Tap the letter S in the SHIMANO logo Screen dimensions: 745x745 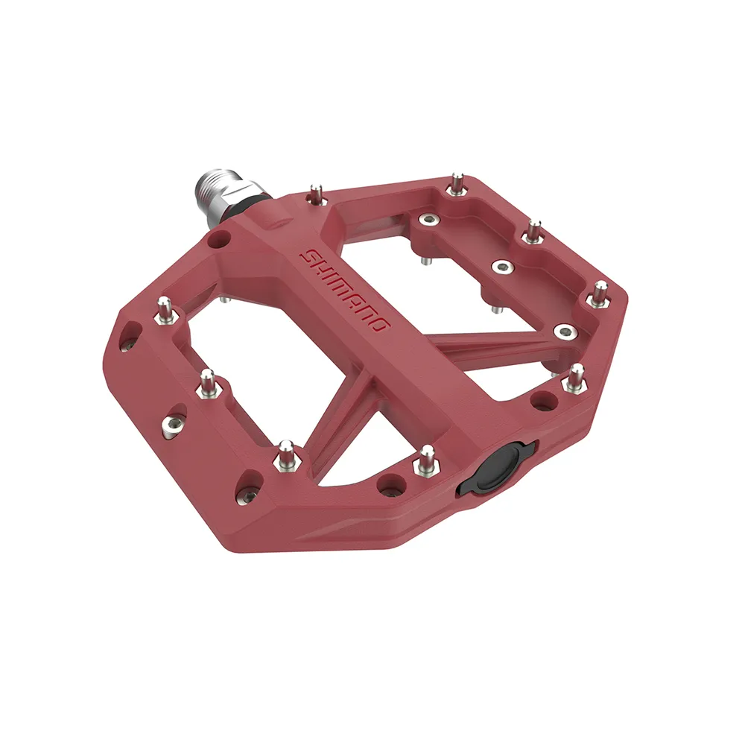(x=307, y=256)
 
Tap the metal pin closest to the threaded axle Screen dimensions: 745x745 (x=315, y=194)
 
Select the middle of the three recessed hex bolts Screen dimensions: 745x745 (x=503, y=267)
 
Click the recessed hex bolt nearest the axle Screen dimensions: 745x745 (x=428, y=218)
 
